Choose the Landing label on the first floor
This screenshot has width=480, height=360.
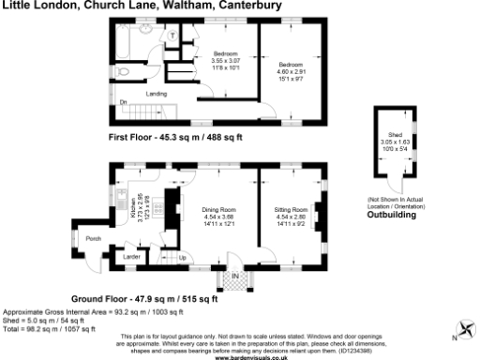pos(157,94)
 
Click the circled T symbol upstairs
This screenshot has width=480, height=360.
pos(173,35)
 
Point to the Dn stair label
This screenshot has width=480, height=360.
pos(123,101)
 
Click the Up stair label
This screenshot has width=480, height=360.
pos(182,257)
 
